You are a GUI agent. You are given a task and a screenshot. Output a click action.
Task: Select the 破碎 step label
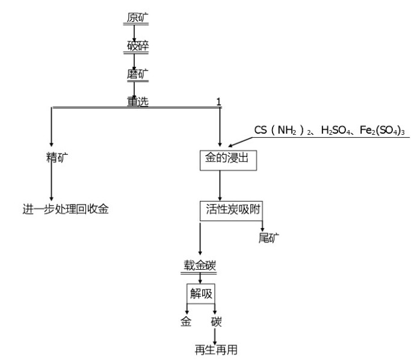137,46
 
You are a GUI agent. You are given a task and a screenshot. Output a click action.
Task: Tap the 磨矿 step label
137,73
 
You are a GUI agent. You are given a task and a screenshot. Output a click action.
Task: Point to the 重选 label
137,101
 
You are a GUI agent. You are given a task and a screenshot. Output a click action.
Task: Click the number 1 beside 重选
219,101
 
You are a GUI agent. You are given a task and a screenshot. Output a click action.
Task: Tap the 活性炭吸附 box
231,210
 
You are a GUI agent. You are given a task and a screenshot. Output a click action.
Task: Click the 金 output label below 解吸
187,321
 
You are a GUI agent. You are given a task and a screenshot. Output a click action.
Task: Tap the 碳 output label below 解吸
216,321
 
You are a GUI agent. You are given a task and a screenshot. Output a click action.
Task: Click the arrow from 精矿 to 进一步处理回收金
51,184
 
